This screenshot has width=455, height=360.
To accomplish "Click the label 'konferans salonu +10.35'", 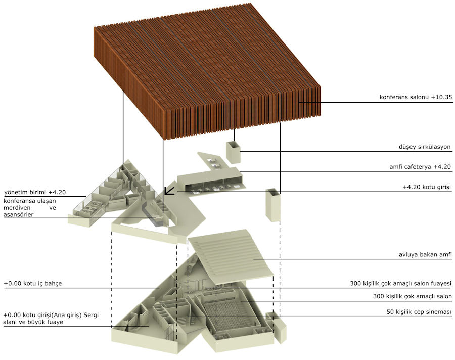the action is coord(416,97).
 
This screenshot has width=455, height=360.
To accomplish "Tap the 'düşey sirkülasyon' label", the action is coord(425,147).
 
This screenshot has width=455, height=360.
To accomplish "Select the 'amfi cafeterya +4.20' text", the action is coord(420,167).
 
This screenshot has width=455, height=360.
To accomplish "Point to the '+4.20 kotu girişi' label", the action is coord(427,187).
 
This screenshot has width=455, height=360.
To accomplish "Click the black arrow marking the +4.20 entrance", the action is coord(169,190).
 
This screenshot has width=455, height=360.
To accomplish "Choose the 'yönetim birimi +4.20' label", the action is coord(35,192).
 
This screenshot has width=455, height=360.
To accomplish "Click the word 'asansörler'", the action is coord(18,215).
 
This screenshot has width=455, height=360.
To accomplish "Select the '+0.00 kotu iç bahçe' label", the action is coord(33,283).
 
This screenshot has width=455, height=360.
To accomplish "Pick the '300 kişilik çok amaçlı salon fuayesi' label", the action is coord(401,283).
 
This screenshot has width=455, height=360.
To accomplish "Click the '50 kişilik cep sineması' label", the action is coord(419,312).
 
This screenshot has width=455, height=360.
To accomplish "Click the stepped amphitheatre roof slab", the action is coord(231,255).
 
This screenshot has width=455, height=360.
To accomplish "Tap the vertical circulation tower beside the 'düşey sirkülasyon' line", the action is coord(233,152).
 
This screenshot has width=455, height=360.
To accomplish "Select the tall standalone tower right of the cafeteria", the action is coord(273,205).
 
